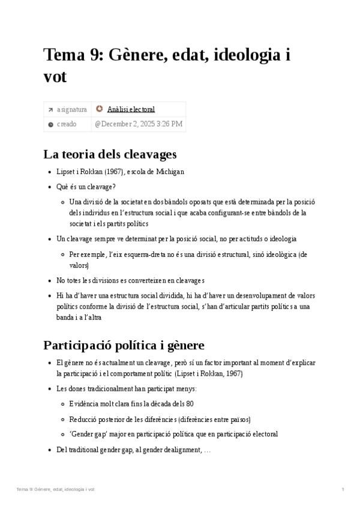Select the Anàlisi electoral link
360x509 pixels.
tap(131, 109)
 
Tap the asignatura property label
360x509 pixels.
tap(71, 109)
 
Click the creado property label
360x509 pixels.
tap(67, 124)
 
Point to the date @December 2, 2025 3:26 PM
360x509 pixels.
tap(138, 124)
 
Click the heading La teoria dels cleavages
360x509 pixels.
tap(110, 153)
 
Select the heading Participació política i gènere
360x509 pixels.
tap(124, 345)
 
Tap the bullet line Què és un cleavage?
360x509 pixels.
tap(86, 187)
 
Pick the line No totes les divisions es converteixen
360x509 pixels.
tap(130, 280)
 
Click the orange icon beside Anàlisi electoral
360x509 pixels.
tap(99, 109)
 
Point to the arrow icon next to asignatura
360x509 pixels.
tap(50, 110)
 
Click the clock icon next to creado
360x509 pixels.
tap(50, 124)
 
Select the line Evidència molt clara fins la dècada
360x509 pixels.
tap(131, 403)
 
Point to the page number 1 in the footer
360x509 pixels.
tap(342, 490)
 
